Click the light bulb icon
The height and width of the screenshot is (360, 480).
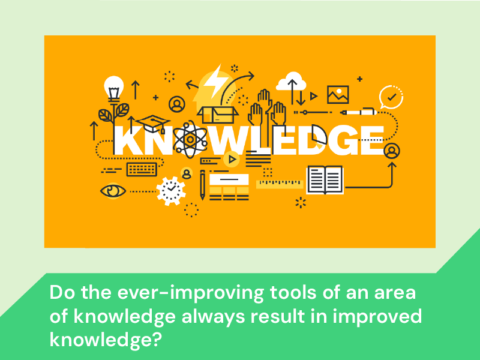click(x=114, y=89)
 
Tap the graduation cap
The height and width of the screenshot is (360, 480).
click(x=153, y=124)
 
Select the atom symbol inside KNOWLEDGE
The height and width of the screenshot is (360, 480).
click(x=190, y=140)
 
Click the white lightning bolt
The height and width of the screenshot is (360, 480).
click(x=216, y=80)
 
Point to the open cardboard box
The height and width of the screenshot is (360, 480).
click(x=218, y=114)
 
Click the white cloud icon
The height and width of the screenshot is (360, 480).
click(x=291, y=81)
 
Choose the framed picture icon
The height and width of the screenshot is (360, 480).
click(x=338, y=95)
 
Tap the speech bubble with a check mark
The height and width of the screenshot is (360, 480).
click(x=391, y=97)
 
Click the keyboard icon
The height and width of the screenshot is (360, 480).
click(x=142, y=169)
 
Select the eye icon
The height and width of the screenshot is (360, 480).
click(x=113, y=191)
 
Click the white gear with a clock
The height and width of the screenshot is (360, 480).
click(x=171, y=191)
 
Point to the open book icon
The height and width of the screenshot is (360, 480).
click(x=325, y=180)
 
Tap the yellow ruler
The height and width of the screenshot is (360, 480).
click(x=280, y=184)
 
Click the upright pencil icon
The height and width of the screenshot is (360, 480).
click(x=202, y=185)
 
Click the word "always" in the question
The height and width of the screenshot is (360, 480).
click(x=213, y=316)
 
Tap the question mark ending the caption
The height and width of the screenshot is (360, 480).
click(x=157, y=339)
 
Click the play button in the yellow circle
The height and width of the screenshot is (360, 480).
click(x=232, y=160)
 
